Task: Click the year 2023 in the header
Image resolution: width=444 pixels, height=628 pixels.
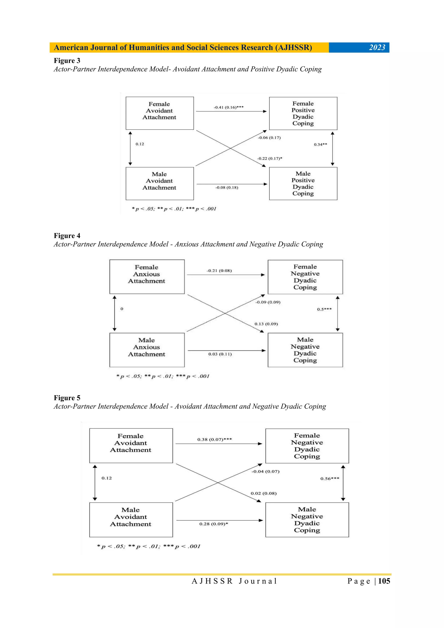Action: [377, 48]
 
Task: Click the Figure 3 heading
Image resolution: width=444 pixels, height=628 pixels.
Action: [67, 60]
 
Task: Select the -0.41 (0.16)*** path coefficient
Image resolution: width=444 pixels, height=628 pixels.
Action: [229, 107]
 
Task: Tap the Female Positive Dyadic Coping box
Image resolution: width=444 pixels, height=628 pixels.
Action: [303, 113]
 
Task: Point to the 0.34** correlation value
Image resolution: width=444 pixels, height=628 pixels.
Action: [320, 144]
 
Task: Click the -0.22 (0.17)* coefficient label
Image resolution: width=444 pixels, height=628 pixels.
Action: [269, 158]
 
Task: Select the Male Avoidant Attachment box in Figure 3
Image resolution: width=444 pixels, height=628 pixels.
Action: [160, 184]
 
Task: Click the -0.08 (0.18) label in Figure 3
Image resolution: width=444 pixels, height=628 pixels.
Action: [227, 187]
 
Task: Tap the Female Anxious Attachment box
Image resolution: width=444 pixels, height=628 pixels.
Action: [147, 277]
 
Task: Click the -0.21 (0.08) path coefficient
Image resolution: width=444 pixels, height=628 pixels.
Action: [219, 271]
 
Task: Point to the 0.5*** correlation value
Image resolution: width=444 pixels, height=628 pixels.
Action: [324, 309]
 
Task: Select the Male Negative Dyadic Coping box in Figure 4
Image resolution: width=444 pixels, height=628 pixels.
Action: [305, 350]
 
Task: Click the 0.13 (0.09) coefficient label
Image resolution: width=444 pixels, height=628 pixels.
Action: [266, 324]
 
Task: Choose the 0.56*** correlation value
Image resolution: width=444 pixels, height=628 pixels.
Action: [330, 478]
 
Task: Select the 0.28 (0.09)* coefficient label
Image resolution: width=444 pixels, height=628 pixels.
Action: [213, 524]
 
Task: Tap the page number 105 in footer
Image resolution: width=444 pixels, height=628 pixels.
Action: [384, 581]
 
